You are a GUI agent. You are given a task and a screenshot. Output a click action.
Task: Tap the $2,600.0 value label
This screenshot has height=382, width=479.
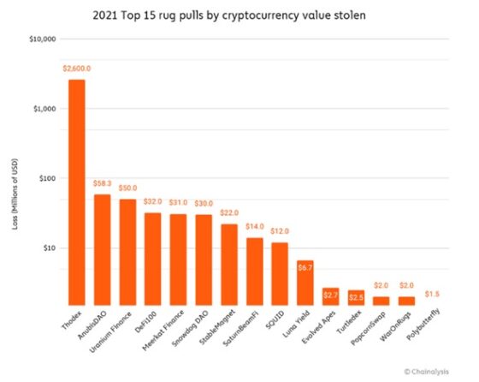coord(77,68)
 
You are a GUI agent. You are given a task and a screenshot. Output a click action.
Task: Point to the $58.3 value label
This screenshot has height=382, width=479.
coord(103,183)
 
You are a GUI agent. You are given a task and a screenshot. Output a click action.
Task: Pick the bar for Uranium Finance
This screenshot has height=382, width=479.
coord(128,253)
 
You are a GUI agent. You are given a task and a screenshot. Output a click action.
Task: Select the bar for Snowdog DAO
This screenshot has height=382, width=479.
coord(204,260)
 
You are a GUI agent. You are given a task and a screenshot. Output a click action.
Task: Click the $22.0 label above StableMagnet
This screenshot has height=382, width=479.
coord(229,213)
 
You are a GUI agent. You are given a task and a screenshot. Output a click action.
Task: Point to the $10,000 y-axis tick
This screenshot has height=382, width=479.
coord(42,39)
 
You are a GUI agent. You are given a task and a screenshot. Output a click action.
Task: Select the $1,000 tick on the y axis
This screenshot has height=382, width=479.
coord(44,109)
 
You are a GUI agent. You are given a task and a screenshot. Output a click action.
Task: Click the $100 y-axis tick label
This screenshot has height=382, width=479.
coord(46,178)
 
